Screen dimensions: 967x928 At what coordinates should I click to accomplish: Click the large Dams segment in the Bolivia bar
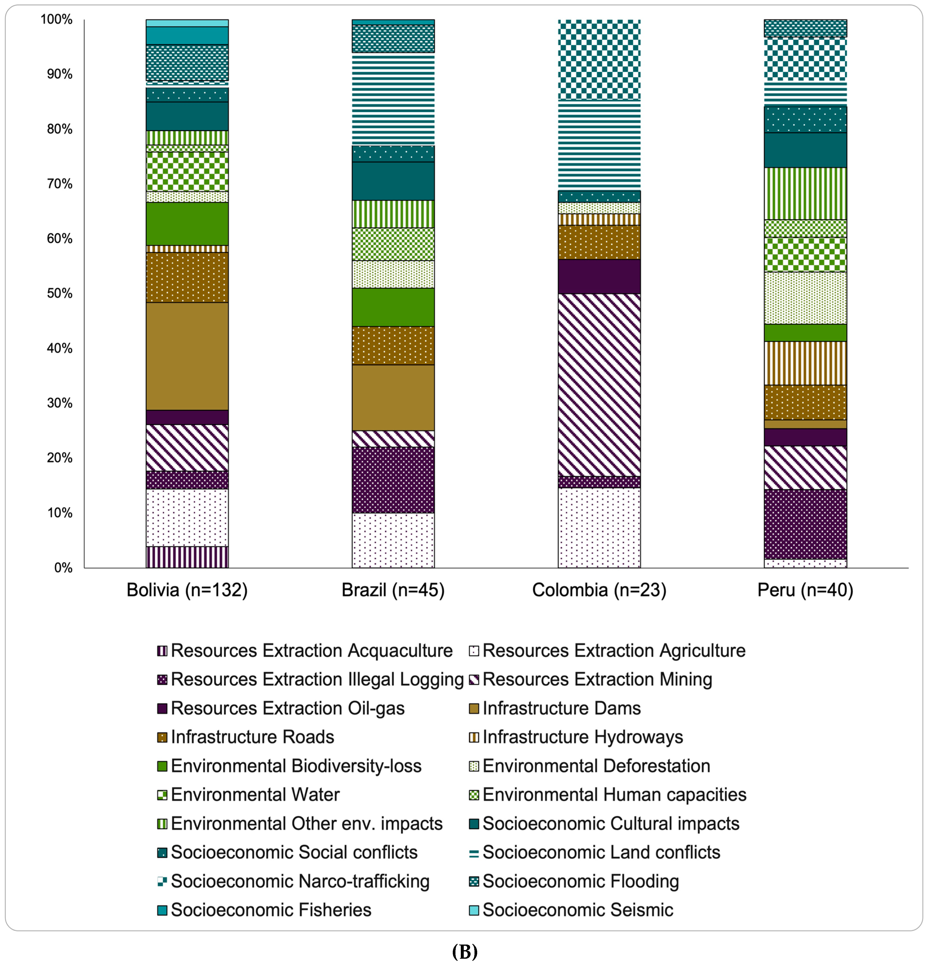(187, 356)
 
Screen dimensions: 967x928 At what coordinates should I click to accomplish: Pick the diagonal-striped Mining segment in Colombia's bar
(599, 385)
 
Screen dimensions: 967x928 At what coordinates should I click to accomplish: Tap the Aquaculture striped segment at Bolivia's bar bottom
(187, 557)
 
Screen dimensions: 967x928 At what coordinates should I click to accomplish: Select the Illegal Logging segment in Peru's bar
(805, 524)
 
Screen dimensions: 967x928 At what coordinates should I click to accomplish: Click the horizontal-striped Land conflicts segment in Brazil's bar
(393, 99)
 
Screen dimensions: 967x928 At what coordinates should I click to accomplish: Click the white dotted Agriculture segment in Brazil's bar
(393, 540)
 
